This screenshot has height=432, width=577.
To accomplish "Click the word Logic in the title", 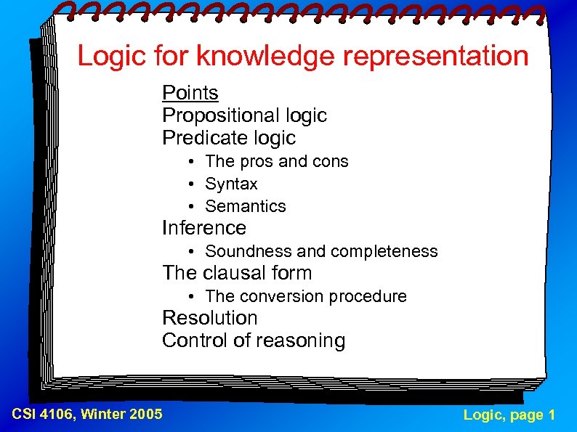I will (108, 56).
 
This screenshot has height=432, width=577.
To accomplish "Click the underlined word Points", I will (190, 93).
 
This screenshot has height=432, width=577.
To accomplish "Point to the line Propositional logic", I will (244, 115).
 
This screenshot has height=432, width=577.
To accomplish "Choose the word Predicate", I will (198, 138).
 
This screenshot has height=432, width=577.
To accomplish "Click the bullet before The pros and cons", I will (188, 161).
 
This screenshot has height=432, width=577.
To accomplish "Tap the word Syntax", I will (231, 184).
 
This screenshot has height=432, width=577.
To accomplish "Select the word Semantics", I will (246, 206).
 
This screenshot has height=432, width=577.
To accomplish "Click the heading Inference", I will (204, 228).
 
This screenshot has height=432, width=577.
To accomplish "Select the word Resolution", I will (210, 318).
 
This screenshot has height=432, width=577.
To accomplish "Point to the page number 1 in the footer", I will (552, 415).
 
